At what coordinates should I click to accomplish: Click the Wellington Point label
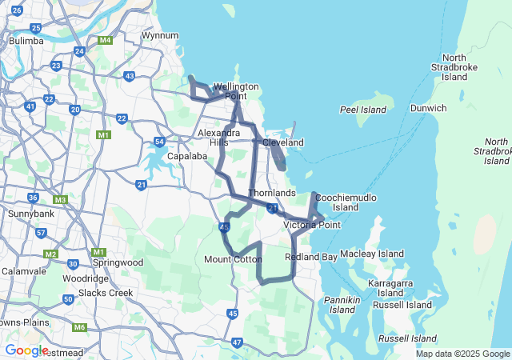click(x=236, y=91)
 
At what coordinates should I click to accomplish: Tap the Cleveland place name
click(x=283, y=142)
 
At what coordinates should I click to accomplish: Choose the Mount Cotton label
click(x=234, y=259)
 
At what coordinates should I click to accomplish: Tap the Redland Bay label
click(x=311, y=257)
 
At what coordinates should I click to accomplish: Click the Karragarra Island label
click(x=390, y=288)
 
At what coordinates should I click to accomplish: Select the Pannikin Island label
click(x=342, y=304)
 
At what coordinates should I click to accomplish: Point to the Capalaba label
click(x=188, y=157)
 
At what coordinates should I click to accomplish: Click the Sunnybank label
click(x=30, y=214)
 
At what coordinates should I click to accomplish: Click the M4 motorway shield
click(x=105, y=40)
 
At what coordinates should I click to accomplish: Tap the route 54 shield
click(x=159, y=142)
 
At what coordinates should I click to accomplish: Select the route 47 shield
click(x=237, y=342)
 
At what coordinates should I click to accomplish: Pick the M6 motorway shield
click(x=79, y=327)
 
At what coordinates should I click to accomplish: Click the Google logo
click(x=26, y=350)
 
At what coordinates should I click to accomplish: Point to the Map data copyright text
click(x=462, y=354)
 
